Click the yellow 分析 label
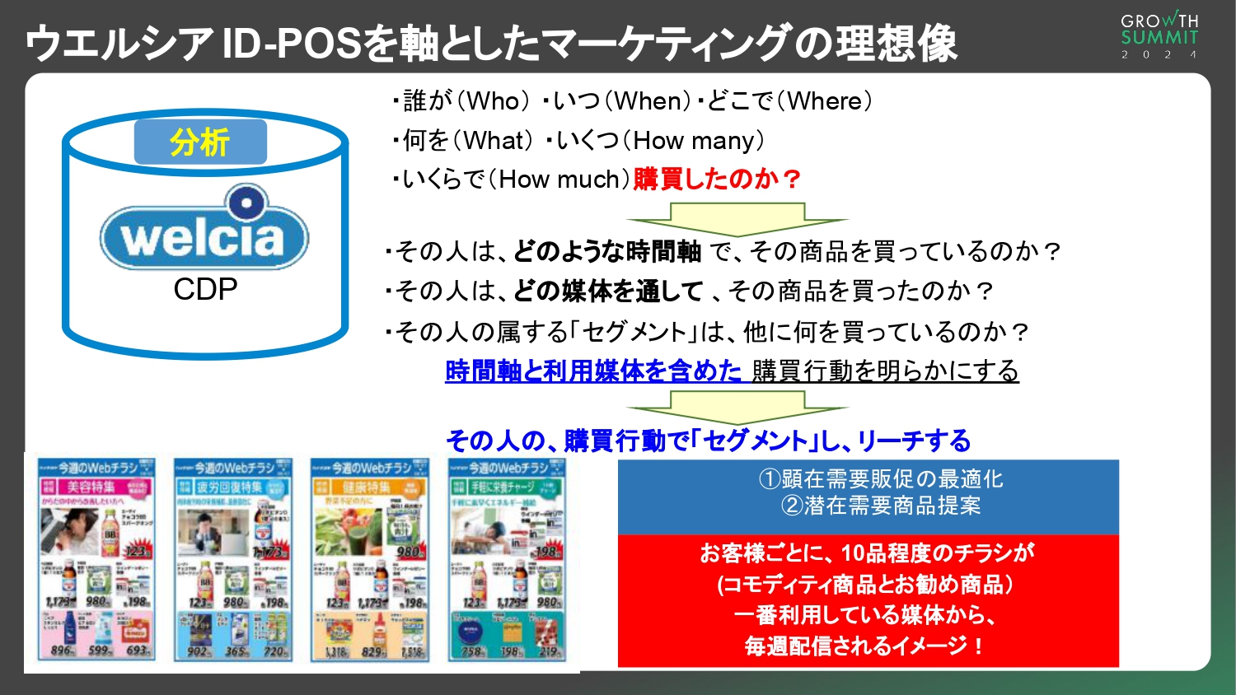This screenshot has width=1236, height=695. click(200, 142)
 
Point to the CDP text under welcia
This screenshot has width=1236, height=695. click(205, 289)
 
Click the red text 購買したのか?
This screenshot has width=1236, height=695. click(717, 179)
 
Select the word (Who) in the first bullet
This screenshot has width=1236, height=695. click(493, 101)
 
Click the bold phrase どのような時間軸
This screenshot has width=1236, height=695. click(607, 251)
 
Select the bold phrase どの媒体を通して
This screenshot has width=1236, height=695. click(608, 291)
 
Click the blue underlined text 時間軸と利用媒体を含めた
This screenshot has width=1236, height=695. click(593, 371)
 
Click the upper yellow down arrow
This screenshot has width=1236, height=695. click(737, 219)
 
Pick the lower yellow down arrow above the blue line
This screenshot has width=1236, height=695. click(737, 407)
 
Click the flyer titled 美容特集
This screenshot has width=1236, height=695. click(96, 560)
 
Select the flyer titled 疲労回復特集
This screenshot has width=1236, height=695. click(233, 560)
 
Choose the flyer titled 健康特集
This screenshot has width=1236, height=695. click(370, 560)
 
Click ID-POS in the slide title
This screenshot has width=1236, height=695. click(293, 44)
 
